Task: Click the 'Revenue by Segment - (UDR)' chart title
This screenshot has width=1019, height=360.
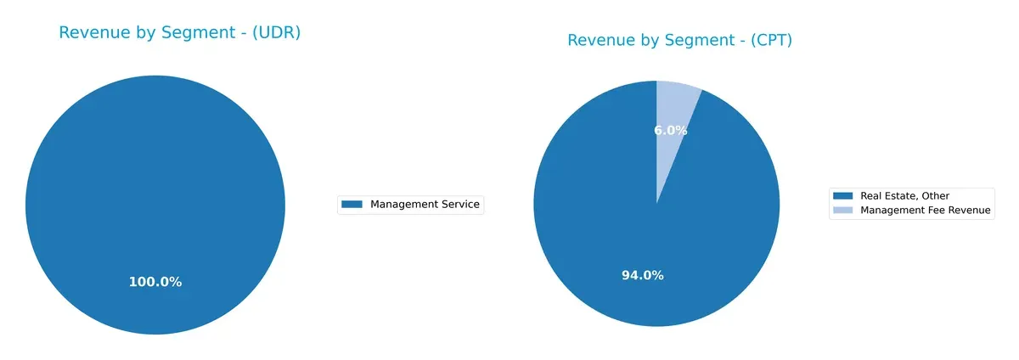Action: coord(180,32)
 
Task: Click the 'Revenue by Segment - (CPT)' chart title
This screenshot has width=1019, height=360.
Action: coord(679,40)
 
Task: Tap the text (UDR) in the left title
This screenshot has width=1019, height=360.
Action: coord(278,32)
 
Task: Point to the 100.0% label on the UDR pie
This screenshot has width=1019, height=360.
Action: coord(155,282)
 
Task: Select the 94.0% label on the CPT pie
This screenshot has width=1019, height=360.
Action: coord(643,275)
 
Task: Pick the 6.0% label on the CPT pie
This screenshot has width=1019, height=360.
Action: coord(671,130)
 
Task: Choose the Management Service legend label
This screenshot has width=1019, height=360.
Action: coord(425,204)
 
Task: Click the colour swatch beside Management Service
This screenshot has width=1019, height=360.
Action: coord(352,204)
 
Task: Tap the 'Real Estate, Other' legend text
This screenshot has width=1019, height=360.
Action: coord(905,196)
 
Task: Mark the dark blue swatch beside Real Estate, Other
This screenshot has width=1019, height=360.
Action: coord(843,196)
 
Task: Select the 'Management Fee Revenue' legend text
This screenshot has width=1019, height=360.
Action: coord(926,211)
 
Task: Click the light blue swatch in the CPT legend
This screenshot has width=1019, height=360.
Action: coord(843,211)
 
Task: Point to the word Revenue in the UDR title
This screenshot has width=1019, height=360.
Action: coord(92,32)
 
